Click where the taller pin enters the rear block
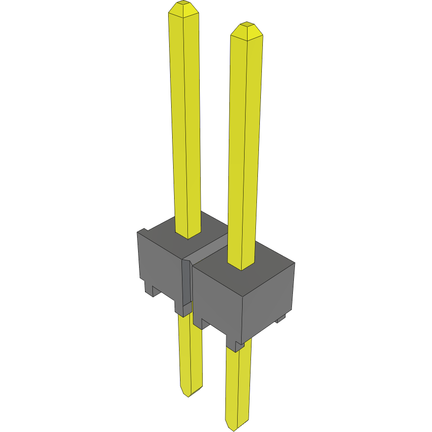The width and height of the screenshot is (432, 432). coord(188,235)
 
